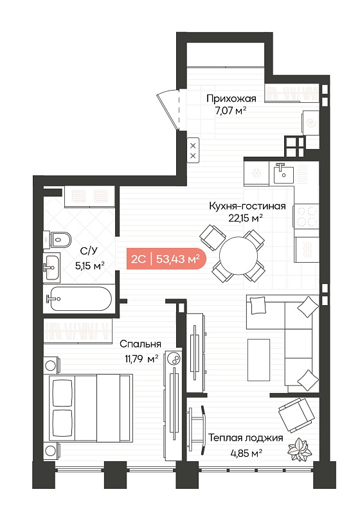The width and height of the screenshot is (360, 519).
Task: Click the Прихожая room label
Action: (231, 99)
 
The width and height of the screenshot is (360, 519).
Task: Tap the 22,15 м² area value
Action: (246, 218)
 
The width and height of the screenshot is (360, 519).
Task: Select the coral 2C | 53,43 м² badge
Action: (166, 258)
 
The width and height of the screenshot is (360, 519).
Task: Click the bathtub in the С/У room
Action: (80, 299)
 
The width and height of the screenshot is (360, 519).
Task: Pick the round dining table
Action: (239, 255)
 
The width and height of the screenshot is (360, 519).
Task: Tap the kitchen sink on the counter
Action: (284, 173)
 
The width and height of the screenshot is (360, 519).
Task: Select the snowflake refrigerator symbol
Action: (256, 173)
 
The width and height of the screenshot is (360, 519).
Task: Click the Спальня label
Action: (140, 344)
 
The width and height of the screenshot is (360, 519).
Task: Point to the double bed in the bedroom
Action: (90, 408)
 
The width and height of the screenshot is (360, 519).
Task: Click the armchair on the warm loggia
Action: (296, 415)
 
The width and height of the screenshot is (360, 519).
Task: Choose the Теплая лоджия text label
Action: (246, 438)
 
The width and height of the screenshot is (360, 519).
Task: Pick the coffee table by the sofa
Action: (258, 360)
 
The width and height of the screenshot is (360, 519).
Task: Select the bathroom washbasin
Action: (51, 267)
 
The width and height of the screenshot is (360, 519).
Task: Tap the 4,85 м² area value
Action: (246, 452)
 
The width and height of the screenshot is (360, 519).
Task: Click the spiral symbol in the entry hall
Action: (311, 123)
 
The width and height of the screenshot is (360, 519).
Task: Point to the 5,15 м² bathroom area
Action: (90, 265)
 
